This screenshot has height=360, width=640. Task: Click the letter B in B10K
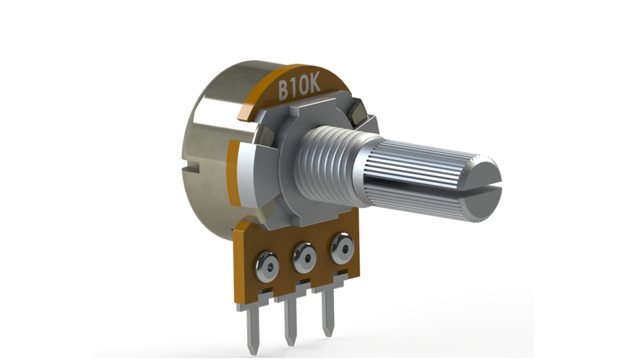284,89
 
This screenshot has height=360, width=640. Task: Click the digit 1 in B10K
294,88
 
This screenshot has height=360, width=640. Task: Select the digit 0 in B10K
301,86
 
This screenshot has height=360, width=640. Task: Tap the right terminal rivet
342,247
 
